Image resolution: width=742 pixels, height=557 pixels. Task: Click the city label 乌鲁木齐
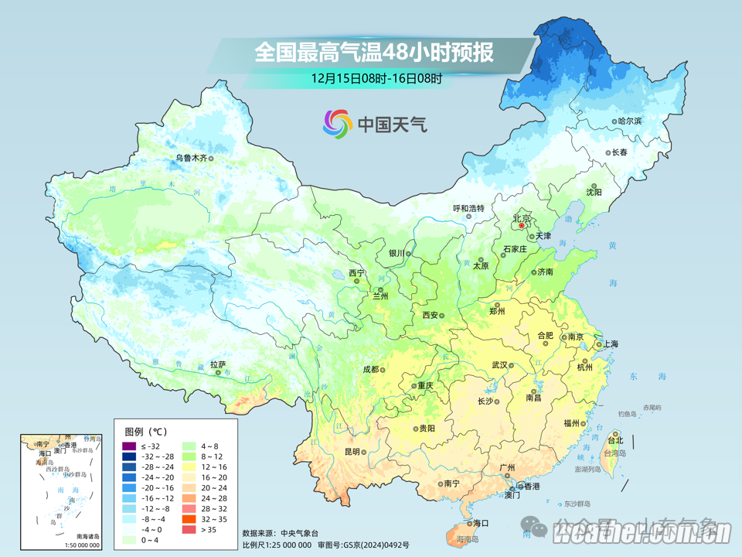[190, 158]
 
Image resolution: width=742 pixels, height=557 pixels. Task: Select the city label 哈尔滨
[629, 121]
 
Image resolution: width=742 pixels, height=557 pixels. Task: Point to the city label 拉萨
[218, 364]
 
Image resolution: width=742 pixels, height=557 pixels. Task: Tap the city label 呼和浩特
[468, 208]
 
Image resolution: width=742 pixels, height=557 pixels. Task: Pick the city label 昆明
[352, 452]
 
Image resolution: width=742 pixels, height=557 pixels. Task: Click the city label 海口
[481, 524]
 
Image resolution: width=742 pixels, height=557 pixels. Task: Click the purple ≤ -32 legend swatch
[128, 446]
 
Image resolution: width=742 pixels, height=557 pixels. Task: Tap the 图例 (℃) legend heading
[145, 430]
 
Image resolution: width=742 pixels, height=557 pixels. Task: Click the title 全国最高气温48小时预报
[374, 53]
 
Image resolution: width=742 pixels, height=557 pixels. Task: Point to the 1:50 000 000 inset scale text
[77, 545]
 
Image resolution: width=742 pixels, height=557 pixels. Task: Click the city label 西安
[431, 315]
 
